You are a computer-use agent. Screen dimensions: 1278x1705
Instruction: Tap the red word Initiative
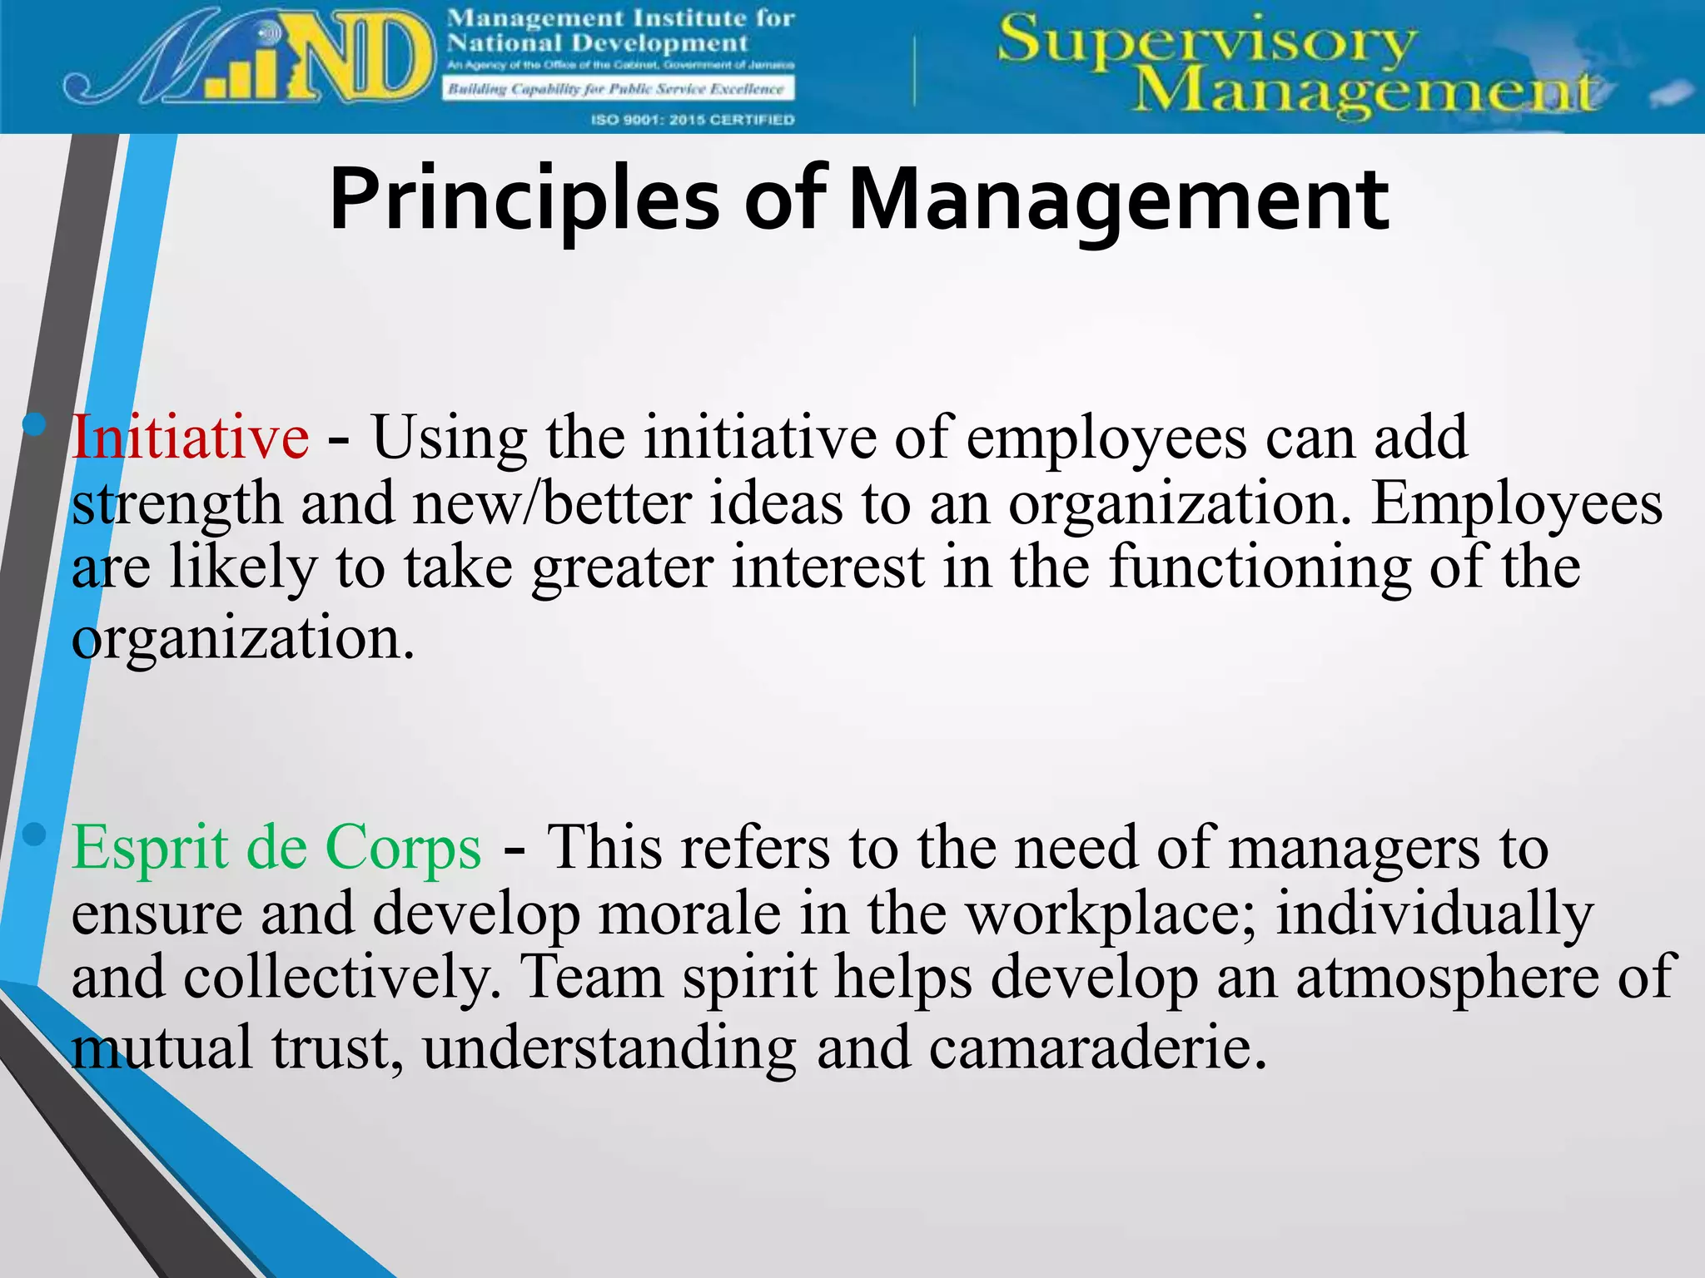(x=191, y=438)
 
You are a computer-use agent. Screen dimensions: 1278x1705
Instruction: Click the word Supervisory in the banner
(x=1205, y=42)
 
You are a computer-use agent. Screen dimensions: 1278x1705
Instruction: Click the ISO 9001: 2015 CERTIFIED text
(x=693, y=120)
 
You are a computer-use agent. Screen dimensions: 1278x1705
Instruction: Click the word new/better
(x=552, y=504)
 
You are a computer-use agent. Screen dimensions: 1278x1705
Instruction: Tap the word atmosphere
(x=1447, y=978)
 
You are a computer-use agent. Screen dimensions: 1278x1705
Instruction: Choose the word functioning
(x=1260, y=568)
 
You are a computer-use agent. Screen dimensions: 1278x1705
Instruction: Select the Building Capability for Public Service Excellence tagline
(x=617, y=89)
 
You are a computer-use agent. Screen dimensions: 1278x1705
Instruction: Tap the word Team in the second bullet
(x=591, y=978)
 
